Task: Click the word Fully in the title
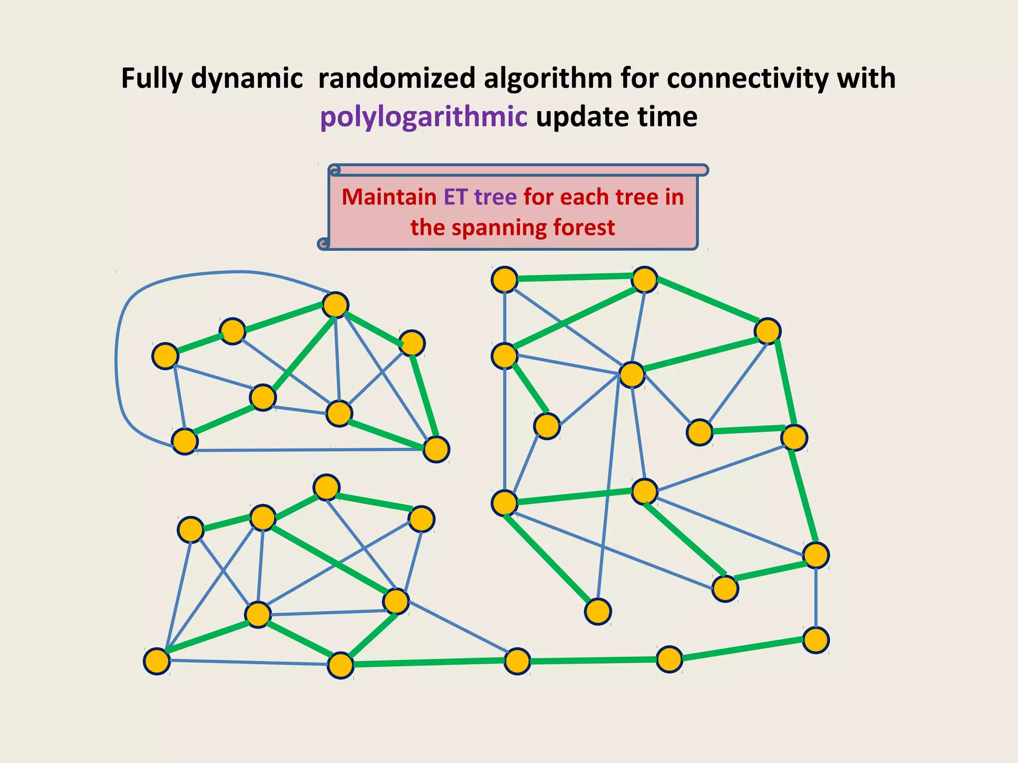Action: pyautogui.click(x=152, y=78)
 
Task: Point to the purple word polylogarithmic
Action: pyautogui.click(x=424, y=117)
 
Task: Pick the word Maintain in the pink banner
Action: pyautogui.click(x=389, y=197)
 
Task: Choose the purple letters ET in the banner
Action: pyautogui.click(x=455, y=197)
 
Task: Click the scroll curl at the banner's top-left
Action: pyautogui.click(x=335, y=171)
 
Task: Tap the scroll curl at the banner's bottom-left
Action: pyautogui.click(x=324, y=243)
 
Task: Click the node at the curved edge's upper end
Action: pyautogui.click(x=335, y=305)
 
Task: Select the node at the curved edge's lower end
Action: pyautogui.click(x=184, y=441)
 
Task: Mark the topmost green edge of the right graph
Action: pyautogui.click(x=574, y=278)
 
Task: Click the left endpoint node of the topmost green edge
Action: pyautogui.click(x=505, y=279)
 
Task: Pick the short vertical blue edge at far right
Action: pyautogui.click(x=816, y=597)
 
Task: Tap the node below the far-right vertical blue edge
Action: pyautogui.click(x=816, y=640)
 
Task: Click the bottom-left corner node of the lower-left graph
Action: pyautogui.click(x=157, y=661)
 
